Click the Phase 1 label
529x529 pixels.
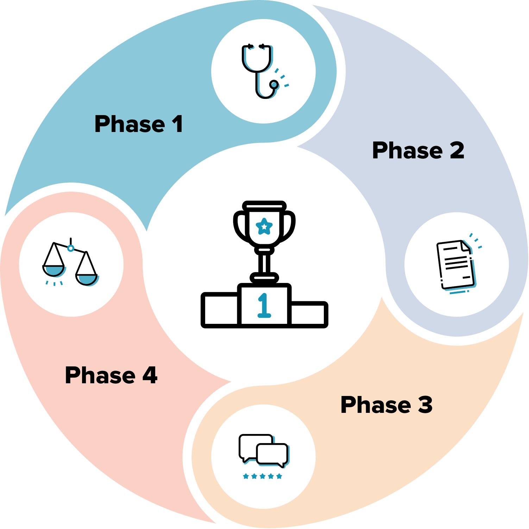click(x=139, y=124)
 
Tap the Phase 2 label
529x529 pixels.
click(x=418, y=151)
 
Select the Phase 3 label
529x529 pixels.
click(x=386, y=405)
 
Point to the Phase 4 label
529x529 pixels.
click(x=111, y=375)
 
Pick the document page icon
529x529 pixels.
click(x=456, y=265)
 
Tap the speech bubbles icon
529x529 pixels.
click(x=263, y=451)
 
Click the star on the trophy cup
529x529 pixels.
click(x=264, y=226)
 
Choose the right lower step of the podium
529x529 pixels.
click(x=308, y=314)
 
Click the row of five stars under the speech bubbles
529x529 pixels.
click(x=263, y=477)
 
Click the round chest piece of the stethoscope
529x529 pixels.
click(x=274, y=84)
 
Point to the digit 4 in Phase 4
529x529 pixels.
click(x=150, y=375)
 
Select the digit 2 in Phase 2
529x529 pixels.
click(x=457, y=151)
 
